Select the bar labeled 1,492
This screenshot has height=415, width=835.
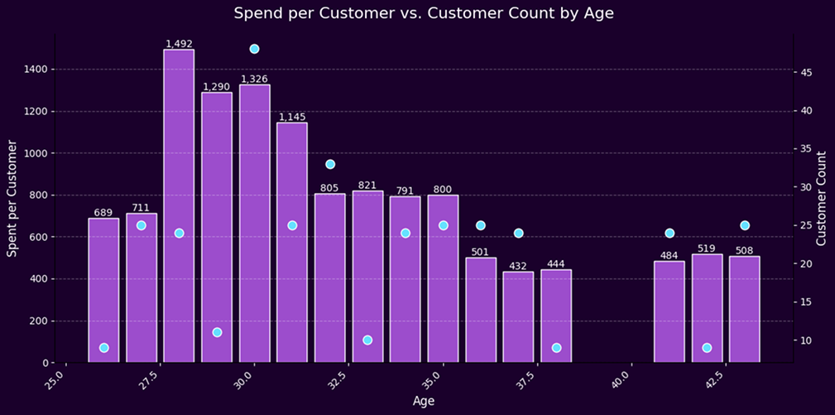point(179,207)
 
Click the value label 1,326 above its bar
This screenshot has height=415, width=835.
point(254,79)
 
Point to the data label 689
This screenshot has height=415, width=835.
point(103,213)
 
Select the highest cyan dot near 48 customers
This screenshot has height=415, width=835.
point(254,49)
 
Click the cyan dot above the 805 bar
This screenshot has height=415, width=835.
point(330,164)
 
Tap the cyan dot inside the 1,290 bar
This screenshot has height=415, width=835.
point(217,332)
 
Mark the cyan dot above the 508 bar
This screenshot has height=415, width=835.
point(745,225)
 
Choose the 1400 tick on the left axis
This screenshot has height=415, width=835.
point(36,70)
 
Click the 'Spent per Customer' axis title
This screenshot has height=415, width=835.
point(13,199)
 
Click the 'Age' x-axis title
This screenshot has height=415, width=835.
point(422,401)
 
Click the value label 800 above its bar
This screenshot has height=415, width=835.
point(443,190)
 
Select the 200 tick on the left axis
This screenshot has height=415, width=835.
point(39,321)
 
